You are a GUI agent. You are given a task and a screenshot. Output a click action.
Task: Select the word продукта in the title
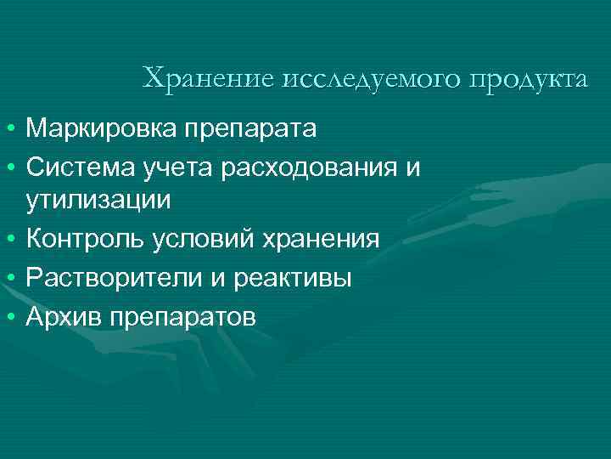click(525, 79)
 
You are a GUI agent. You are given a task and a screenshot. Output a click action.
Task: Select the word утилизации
click(98, 201)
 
